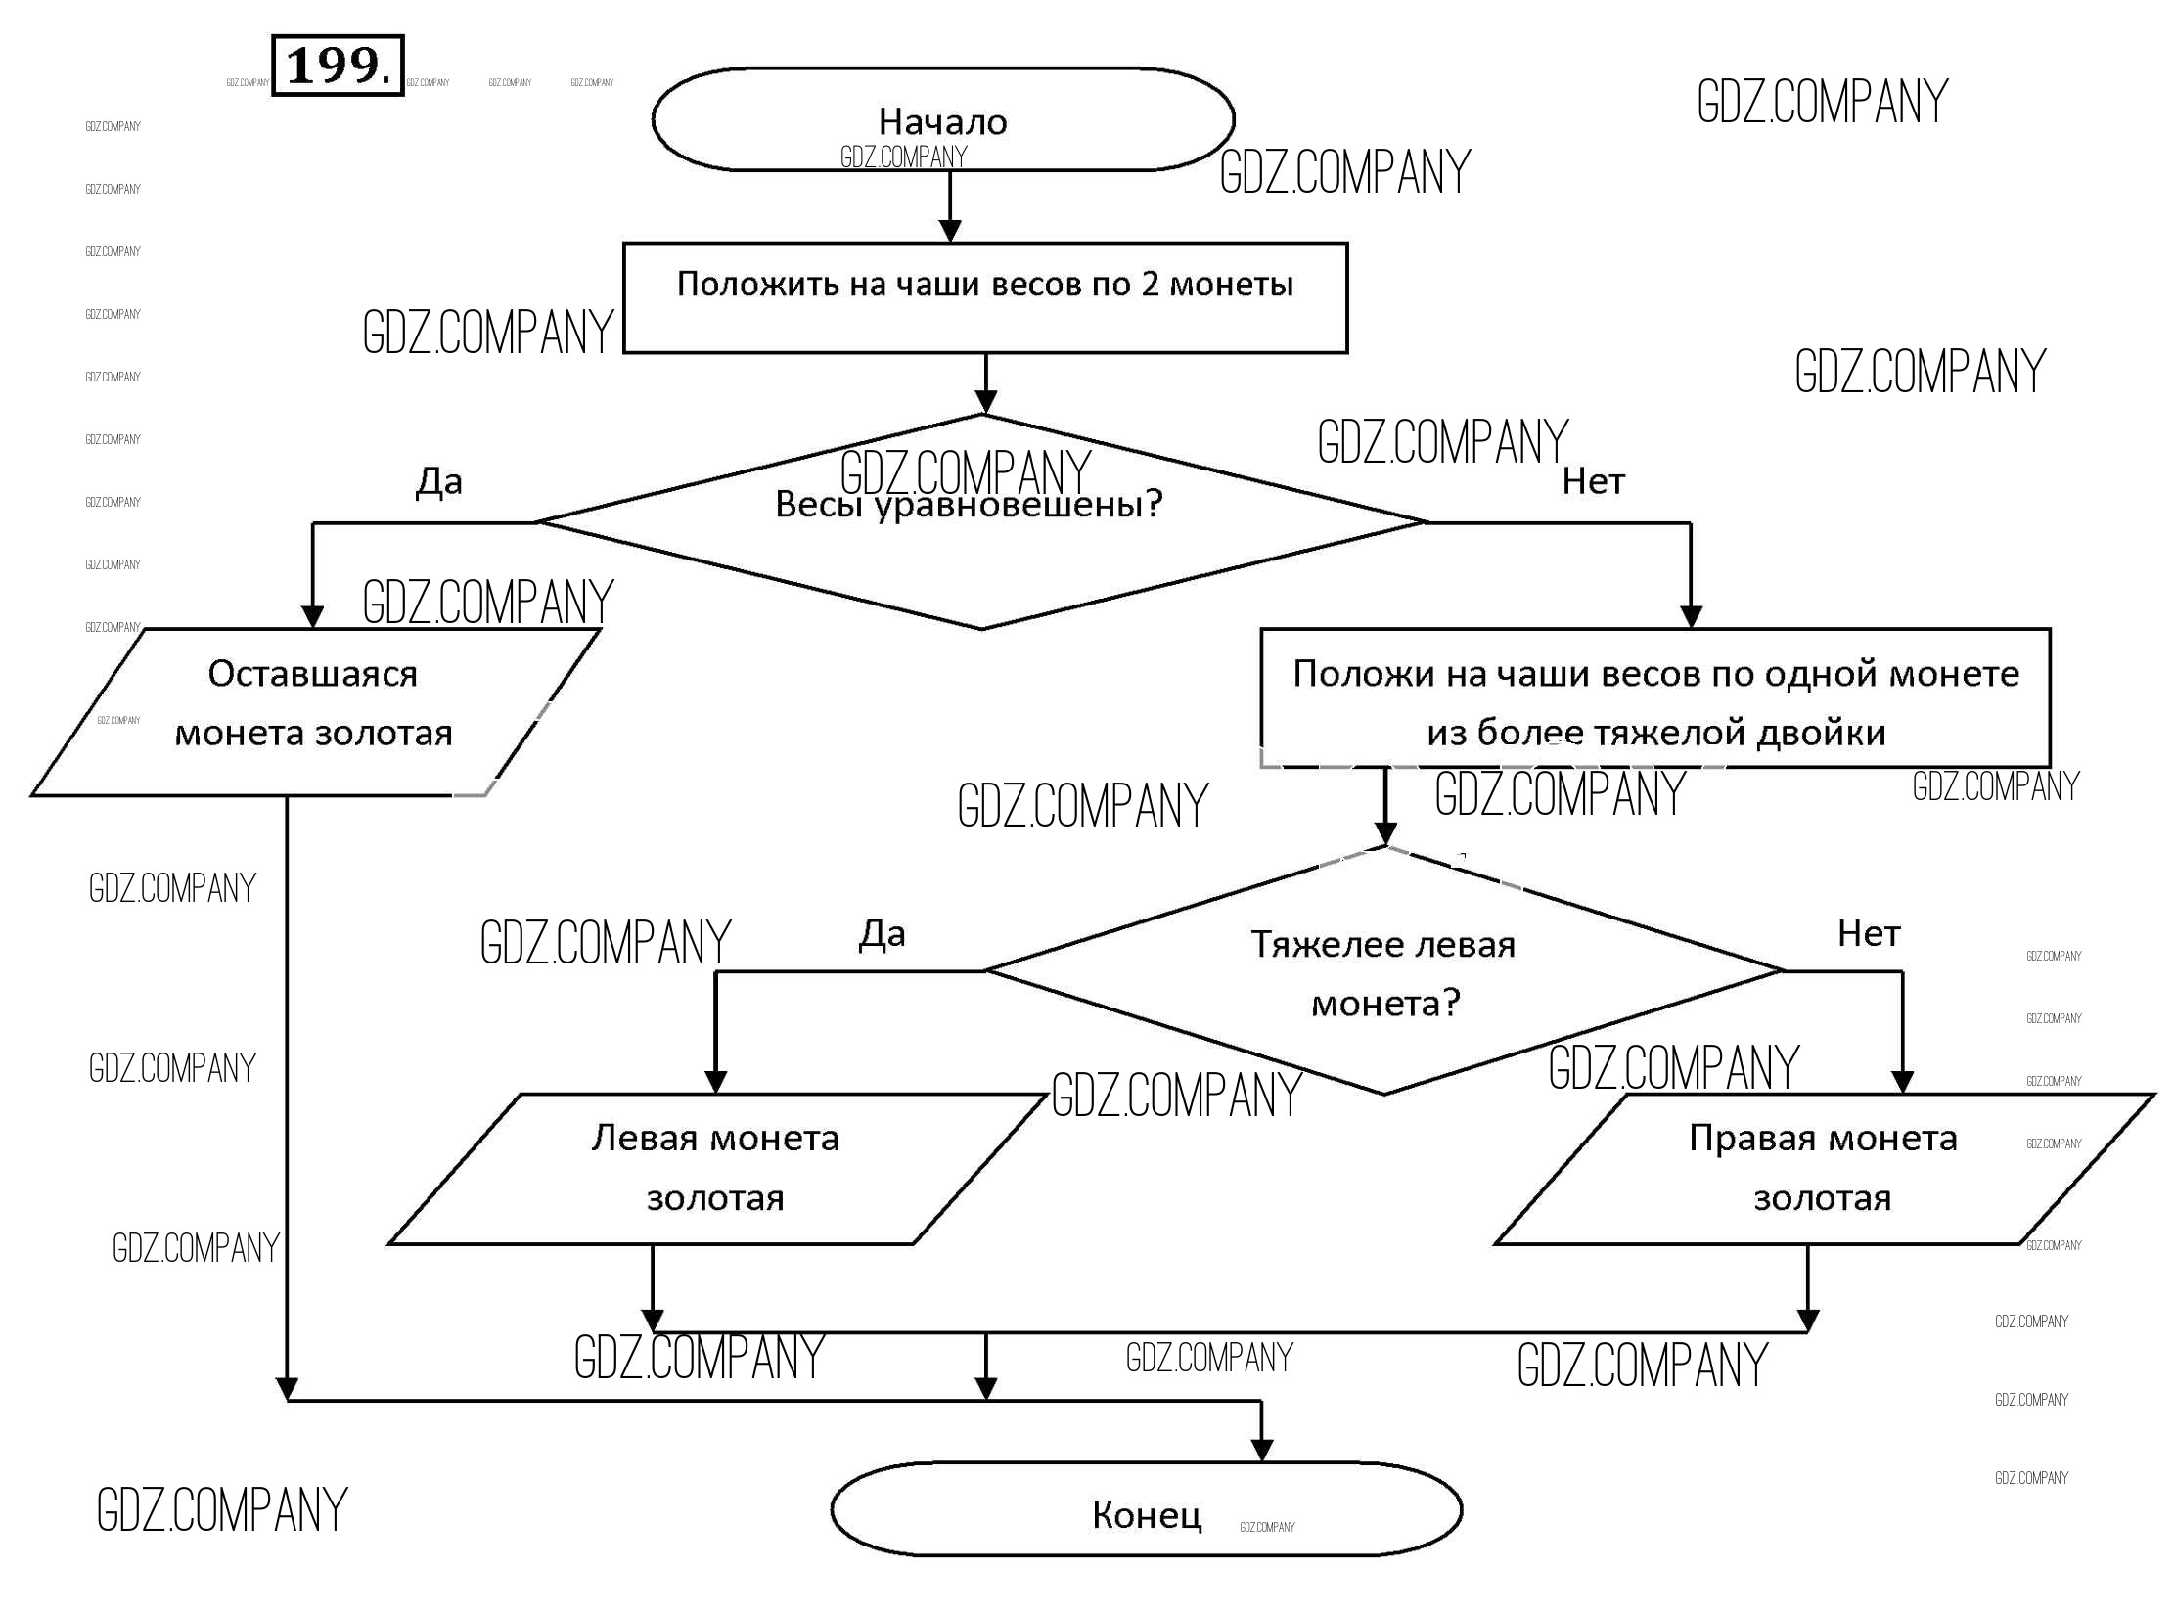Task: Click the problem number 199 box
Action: point(337,66)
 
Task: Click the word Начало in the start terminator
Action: point(942,122)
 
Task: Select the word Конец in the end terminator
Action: point(1147,1515)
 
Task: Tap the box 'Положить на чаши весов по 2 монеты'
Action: point(985,297)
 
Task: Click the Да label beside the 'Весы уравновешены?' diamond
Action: point(439,481)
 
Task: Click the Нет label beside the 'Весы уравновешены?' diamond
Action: point(1593,481)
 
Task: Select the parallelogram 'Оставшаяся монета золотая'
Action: point(313,712)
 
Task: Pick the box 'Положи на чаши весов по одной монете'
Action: point(1655,698)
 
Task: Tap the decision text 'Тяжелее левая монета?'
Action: point(1384,973)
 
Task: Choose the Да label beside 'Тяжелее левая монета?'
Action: point(882,934)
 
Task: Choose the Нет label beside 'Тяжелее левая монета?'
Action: point(1868,934)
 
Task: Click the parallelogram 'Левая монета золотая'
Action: point(715,1169)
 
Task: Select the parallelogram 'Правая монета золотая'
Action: point(1823,1169)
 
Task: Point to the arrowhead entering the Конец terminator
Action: point(1262,1451)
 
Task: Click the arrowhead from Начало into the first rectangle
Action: point(950,231)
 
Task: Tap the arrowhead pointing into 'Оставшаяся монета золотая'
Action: point(312,616)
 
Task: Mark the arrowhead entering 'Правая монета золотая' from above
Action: point(1902,1081)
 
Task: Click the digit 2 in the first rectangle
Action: point(1150,285)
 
